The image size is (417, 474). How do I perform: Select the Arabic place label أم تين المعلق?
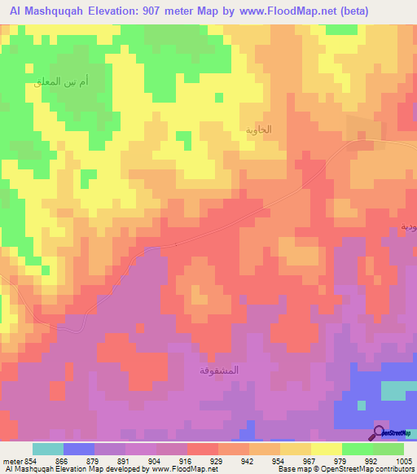click(72, 82)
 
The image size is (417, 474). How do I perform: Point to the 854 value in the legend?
click(24, 460)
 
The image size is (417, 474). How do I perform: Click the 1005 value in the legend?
click(404, 460)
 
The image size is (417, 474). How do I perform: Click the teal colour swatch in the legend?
click(48, 449)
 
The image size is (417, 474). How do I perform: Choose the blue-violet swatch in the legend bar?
click(79, 449)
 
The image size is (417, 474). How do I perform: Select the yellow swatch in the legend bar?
click(327, 449)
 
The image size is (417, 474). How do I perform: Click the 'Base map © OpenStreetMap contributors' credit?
click(344, 469)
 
